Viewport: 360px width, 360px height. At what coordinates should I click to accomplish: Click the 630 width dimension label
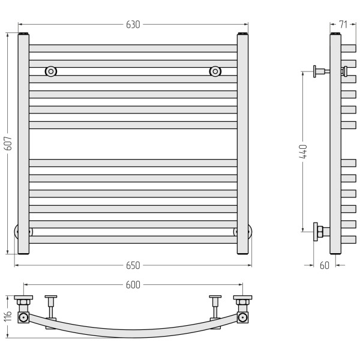click(x=133, y=25)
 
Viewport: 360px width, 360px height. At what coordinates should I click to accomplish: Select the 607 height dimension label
click(x=8, y=143)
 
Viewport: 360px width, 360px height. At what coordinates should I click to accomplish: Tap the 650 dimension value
click(x=133, y=265)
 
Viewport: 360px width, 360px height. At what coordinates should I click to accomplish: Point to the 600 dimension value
click(x=133, y=285)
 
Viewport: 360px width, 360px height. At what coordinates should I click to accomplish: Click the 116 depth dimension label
click(x=8, y=316)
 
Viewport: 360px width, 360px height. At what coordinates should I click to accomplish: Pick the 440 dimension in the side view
click(x=303, y=152)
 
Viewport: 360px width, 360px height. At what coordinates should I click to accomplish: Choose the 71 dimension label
click(x=343, y=25)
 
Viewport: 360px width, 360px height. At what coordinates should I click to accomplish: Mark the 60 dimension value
click(x=325, y=265)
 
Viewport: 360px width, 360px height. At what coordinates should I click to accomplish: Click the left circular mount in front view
click(x=51, y=71)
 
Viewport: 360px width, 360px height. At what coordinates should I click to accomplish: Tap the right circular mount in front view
click(x=215, y=71)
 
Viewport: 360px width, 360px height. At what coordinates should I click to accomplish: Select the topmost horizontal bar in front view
click(x=133, y=49)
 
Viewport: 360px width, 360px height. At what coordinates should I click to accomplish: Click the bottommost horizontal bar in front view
click(x=133, y=239)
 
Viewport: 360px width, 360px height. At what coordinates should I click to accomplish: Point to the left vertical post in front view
click(x=23, y=144)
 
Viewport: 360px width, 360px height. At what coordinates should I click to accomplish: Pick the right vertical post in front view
click(x=242, y=144)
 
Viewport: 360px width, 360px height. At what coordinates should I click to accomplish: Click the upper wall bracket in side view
click(x=322, y=71)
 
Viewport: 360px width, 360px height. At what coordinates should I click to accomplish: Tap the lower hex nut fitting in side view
click(x=320, y=232)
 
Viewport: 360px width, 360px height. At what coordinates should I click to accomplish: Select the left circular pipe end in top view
click(x=23, y=317)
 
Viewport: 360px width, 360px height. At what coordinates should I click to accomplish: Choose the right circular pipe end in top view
click(x=242, y=317)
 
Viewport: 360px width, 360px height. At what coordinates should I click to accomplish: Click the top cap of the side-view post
click(x=335, y=34)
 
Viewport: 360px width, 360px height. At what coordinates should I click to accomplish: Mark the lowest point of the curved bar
click(x=133, y=337)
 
